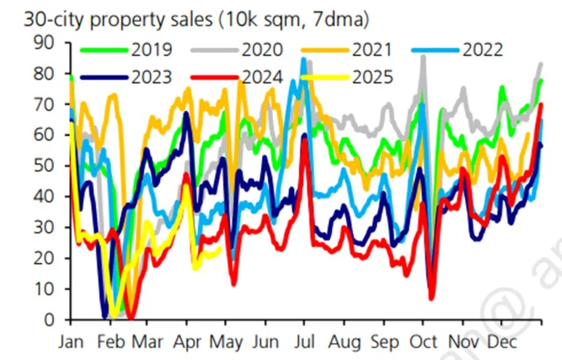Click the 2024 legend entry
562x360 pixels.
coord(263,77)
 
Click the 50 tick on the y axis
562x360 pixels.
coord(48,167)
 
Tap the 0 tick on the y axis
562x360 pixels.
coord(54,321)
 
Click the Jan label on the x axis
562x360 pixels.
coord(71,343)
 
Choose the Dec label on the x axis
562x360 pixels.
coord(501,343)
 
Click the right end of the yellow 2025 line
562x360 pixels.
coord(220,249)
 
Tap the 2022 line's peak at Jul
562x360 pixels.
coord(303,60)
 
